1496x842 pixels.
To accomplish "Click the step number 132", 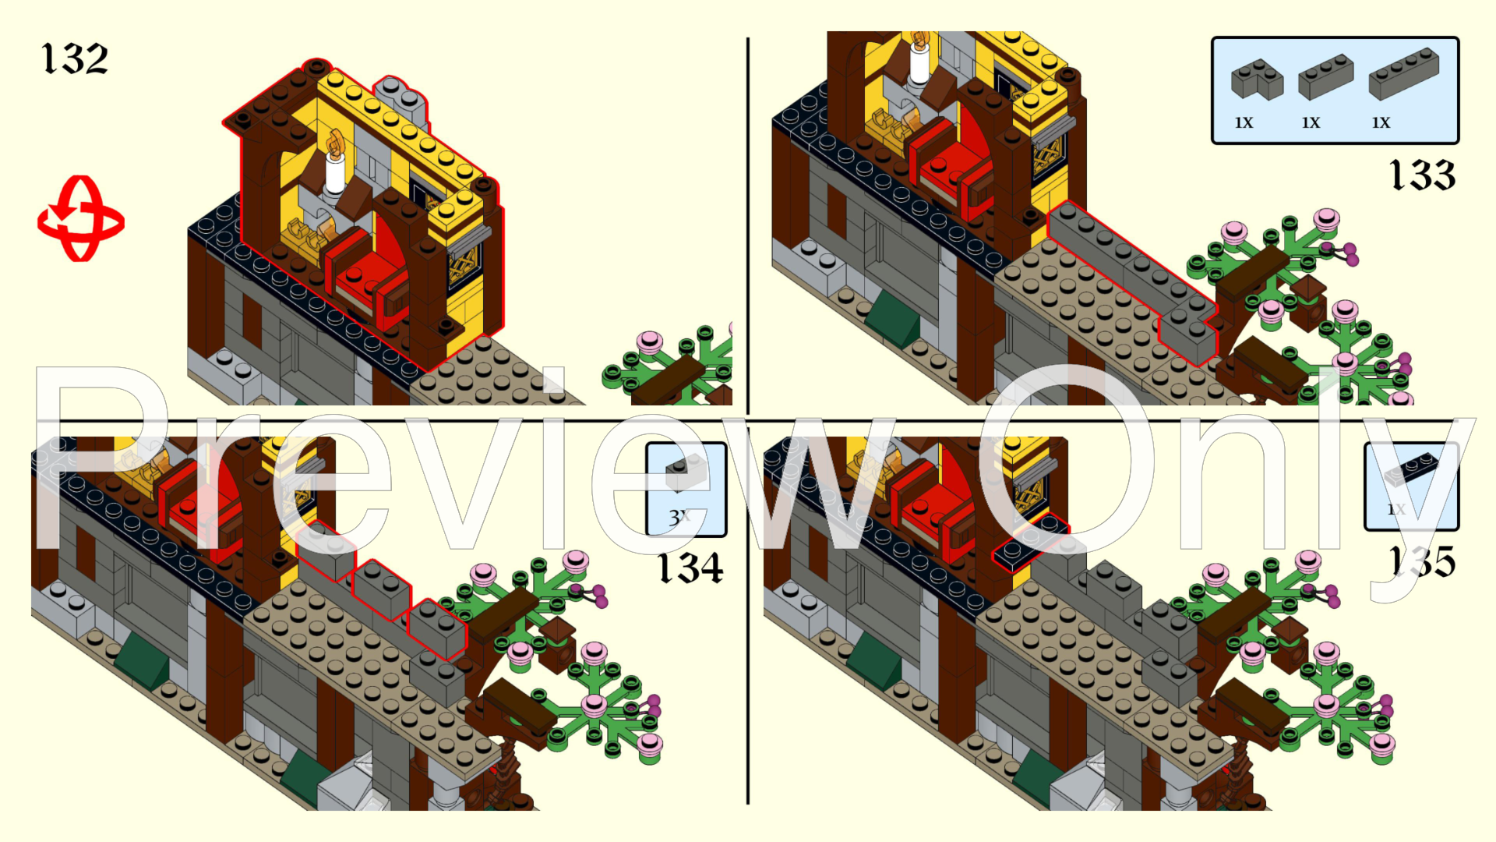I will point(75,59).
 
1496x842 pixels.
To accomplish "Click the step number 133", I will point(1423,175).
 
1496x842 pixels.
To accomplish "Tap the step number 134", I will point(690,568).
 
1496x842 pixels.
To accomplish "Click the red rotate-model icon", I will point(80,219).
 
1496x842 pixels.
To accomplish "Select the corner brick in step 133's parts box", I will point(1256,80).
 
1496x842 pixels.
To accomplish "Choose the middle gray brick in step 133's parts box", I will point(1325,76).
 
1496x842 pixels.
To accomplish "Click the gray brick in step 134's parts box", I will point(686,472).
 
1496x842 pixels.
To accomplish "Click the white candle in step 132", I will point(335,173).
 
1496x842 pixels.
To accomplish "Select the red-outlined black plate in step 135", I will point(1030,541).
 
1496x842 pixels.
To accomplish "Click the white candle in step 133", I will point(920,62).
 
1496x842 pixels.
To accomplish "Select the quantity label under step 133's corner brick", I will point(1244,123).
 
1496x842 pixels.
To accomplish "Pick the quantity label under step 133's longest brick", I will point(1381,123).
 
